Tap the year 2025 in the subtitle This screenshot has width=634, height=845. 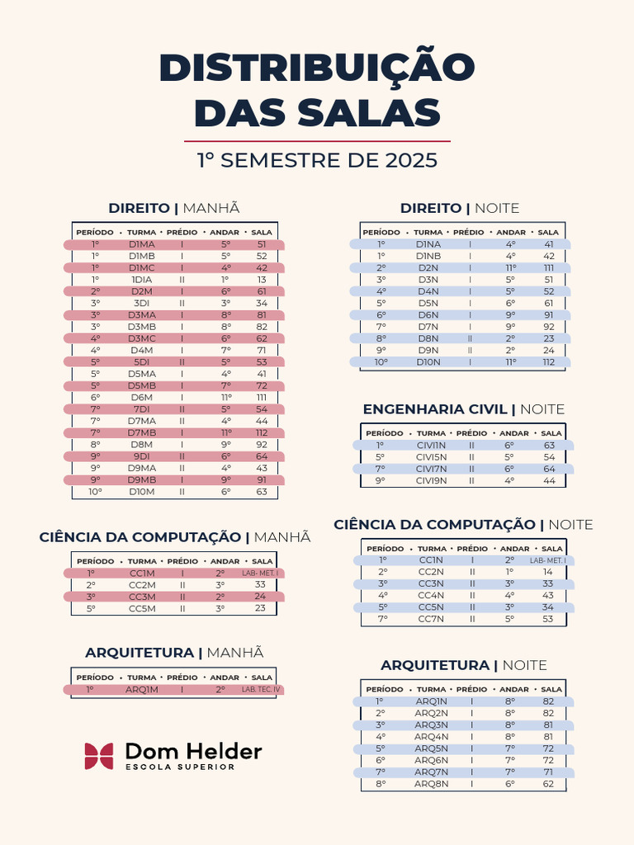(411, 161)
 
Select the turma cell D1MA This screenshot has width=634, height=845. (142, 244)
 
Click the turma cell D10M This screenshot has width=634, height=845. (142, 492)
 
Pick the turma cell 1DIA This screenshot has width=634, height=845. (142, 280)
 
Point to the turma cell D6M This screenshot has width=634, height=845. (142, 397)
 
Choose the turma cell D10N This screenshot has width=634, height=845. (428, 362)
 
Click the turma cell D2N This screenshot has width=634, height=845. (428, 268)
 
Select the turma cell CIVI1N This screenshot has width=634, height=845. (431, 445)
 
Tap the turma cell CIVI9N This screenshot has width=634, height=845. (431, 481)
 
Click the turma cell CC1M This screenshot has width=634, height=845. (142, 573)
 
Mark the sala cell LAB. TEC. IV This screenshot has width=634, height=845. (261, 689)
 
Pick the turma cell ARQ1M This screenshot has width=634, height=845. (142, 689)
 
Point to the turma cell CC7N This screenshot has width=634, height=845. (431, 619)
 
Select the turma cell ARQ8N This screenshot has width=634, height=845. (431, 784)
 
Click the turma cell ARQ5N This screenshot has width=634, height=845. (431, 748)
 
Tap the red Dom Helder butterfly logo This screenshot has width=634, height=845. (99, 756)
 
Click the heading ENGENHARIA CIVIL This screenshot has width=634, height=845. (435, 409)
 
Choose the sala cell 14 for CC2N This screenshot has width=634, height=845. (548, 572)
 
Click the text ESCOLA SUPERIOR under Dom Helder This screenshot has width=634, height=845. (180, 767)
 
